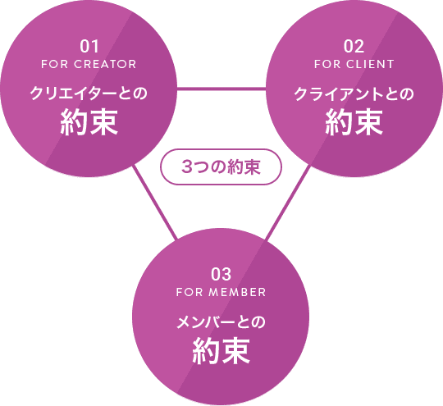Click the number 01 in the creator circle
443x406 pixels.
point(89,46)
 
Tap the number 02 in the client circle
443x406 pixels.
point(354,46)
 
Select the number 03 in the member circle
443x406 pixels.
point(221,274)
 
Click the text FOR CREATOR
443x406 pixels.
point(89,64)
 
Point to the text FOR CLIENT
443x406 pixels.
point(354,64)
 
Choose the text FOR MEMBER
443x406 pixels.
point(221,292)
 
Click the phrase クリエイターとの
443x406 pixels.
point(89,94)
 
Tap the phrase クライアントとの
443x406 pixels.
point(354,94)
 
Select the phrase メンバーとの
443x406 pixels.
point(221,322)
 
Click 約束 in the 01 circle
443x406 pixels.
point(89,121)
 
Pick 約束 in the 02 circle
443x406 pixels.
point(354,121)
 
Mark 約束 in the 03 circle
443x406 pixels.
point(221,350)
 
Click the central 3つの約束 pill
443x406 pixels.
point(221,167)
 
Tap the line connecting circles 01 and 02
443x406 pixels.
point(221,89)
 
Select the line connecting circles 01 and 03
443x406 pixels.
point(155,202)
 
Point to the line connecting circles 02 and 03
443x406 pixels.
point(288,203)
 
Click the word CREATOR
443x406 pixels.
point(105,64)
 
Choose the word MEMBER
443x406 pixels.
point(237,292)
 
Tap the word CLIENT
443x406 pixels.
point(370,64)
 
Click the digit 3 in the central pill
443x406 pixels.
point(187,167)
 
